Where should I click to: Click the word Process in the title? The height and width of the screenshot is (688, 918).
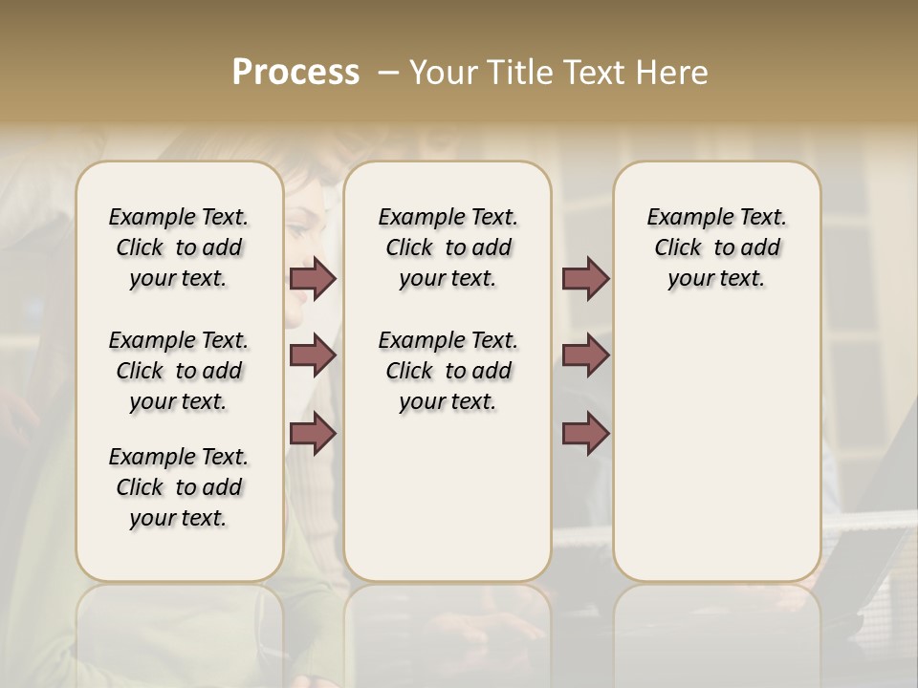295,73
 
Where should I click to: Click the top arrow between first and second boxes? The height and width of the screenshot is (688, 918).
313,279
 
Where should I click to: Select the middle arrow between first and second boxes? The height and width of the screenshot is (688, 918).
313,356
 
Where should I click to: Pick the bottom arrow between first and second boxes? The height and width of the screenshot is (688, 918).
313,435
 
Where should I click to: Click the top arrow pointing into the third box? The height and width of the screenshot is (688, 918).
585,279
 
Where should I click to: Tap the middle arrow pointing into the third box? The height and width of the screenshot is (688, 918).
585,356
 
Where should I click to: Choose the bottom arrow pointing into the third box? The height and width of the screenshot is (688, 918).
585,435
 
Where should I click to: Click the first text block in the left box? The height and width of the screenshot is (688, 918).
179,247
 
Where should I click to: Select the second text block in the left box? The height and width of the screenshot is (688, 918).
179,371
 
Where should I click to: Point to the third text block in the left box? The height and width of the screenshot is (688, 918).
179,487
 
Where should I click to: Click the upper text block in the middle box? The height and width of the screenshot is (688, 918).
448,247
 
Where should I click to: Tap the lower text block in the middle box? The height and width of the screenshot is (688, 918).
448,371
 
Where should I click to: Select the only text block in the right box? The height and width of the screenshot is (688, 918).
716,247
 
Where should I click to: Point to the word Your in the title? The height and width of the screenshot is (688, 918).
439,73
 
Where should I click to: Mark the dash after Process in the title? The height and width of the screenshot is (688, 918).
387,73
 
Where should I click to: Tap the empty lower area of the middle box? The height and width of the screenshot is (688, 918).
448,497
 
